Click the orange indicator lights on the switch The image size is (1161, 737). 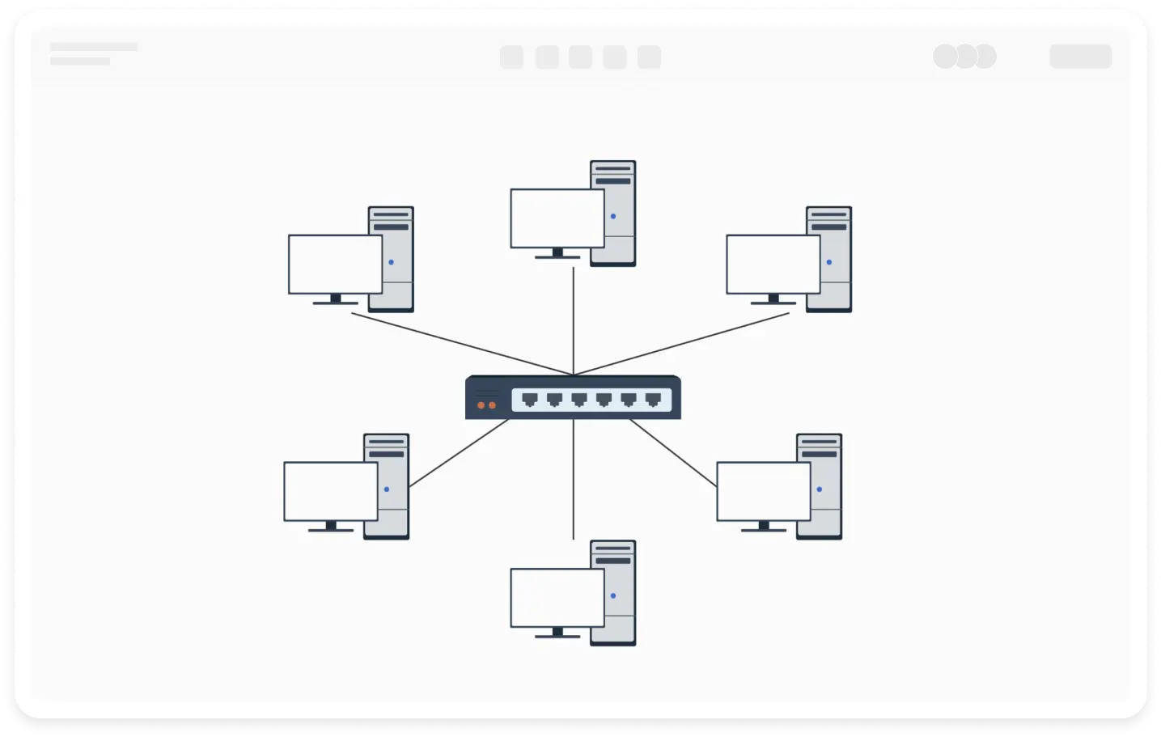pyautogui.click(x=487, y=405)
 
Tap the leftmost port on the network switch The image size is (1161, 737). pyautogui.click(x=530, y=399)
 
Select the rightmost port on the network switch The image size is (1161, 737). pyautogui.click(x=653, y=399)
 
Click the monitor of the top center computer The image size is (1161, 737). pyautogui.click(x=557, y=218)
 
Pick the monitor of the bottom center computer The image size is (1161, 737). pyautogui.click(x=557, y=598)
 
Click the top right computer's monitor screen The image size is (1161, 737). pyautogui.click(x=773, y=265)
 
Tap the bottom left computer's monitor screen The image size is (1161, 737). pyautogui.click(x=331, y=491)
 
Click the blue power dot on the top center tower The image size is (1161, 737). pyautogui.click(x=613, y=216)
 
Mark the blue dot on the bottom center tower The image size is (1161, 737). pyautogui.click(x=613, y=595)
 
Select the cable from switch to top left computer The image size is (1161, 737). pyautogui.click(x=461, y=344)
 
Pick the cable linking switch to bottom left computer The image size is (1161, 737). pyautogui.click(x=458, y=454)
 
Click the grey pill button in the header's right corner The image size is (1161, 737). pyautogui.click(x=1080, y=57)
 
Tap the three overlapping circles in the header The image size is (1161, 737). pyautogui.click(x=964, y=57)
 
